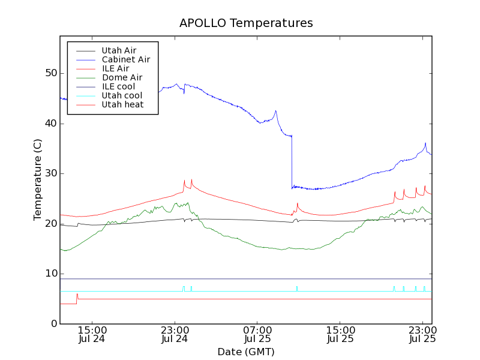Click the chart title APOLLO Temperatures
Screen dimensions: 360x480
point(246,23)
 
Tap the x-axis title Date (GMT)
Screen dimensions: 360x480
point(245,352)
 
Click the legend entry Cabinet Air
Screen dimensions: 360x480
point(125,59)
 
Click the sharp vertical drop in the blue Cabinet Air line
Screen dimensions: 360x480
point(292,162)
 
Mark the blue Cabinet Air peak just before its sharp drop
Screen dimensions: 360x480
point(275,111)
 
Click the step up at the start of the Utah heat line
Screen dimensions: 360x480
point(77,298)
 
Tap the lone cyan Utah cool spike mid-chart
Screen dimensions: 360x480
point(296,287)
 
